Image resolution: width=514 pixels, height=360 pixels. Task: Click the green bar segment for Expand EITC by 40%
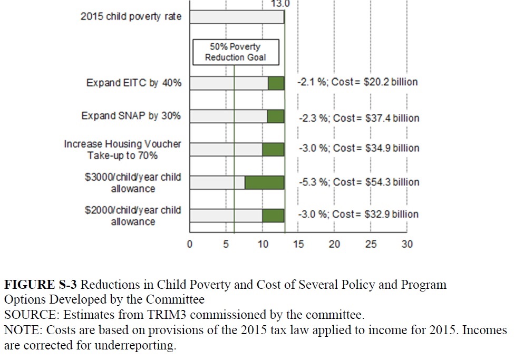[276, 83]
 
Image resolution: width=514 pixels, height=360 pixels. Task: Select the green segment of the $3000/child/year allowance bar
[264, 182]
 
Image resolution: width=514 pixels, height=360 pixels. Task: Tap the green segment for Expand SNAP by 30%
[275, 116]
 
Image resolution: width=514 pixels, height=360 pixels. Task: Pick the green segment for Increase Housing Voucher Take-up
[273, 149]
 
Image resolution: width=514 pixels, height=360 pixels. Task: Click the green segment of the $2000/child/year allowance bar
[273, 215]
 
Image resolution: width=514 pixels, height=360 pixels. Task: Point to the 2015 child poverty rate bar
[237, 17]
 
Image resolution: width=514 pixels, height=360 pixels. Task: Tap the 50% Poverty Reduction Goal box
[235, 52]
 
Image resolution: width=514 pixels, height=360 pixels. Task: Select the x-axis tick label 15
[298, 244]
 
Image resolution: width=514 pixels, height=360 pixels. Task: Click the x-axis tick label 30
[407, 244]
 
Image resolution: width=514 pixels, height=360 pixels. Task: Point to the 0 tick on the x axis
[190, 244]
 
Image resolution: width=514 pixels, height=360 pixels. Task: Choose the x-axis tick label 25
[371, 244]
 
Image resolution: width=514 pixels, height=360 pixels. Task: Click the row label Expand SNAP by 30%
[131, 115]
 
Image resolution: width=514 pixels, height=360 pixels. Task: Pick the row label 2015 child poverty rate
[131, 16]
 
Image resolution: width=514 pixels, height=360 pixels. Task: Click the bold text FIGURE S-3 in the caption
[41, 285]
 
